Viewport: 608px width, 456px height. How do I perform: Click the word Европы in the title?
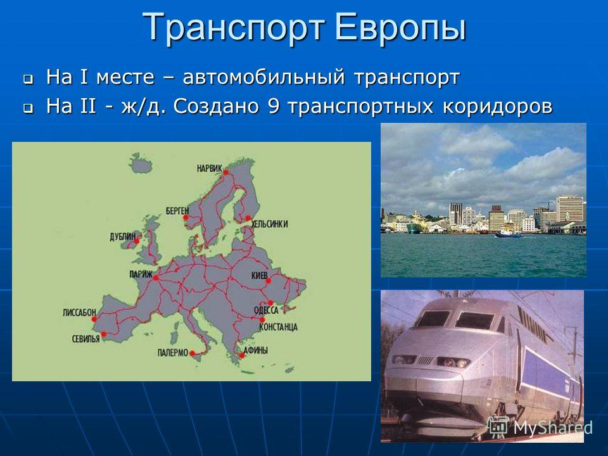click(400, 27)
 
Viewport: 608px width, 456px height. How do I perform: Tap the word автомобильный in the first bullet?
click(263, 77)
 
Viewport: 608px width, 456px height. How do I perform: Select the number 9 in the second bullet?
click(273, 106)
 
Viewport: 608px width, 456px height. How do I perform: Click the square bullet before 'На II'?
click(27, 108)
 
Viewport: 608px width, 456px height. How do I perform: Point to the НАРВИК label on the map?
click(210, 168)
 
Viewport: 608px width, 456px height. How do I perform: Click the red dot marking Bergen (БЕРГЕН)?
click(186, 217)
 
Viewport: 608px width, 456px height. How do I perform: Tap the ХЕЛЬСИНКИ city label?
click(270, 224)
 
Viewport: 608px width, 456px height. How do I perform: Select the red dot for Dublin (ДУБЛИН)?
click(137, 241)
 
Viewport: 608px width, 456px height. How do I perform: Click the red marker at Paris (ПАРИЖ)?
click(156, 277)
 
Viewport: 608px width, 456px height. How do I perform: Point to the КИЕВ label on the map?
click(260, 275)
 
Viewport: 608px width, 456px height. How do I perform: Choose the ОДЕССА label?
click(266, 310)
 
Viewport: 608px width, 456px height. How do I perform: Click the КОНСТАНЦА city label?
click(278, 327)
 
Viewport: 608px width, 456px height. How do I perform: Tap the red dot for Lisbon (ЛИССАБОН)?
click(94, 319)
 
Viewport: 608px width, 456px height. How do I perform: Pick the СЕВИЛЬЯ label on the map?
click(85, 339)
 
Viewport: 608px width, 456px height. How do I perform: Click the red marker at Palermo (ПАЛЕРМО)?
click(192, 353)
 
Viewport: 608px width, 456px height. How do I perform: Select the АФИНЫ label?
click(255, 350)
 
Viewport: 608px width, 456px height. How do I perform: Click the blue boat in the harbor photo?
click(509, 234)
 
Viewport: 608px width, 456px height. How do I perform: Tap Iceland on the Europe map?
click(141, 163)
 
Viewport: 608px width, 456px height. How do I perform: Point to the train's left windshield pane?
click(434, 319)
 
